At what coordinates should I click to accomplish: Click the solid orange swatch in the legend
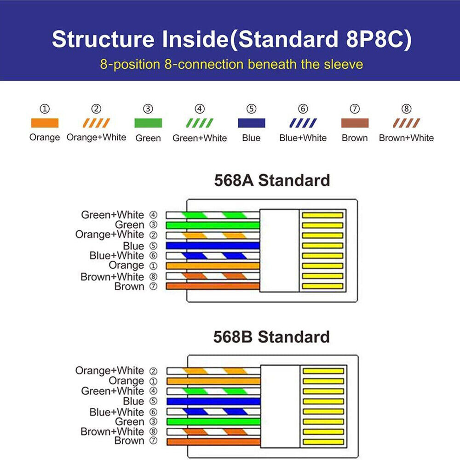click(x=45, y=123)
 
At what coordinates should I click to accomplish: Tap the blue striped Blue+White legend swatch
click(x=303, y=123)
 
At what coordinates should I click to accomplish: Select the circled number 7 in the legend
click(x=355, y=109)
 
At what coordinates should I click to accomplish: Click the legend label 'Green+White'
click(x=200, y=138)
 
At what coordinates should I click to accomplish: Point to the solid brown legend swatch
click(x=355, y=123)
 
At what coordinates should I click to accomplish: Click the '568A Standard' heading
click(x=272, y=180)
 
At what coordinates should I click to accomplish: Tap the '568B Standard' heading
click(x=271, y=337)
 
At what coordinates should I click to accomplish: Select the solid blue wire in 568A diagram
click(x=213, y=246)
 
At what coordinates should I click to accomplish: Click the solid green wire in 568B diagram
click(x=213, y=421)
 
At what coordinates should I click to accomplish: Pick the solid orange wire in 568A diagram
click(x=213, y=266)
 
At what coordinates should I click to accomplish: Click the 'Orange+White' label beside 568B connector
click(x=109, y=370)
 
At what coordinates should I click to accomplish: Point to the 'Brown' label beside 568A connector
click(x=129, y=286)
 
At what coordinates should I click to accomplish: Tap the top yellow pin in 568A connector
click(x=322, y=215)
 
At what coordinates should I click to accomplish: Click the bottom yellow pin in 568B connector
click(x=323, y=442)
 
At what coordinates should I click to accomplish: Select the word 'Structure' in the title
click(x=103, y=39)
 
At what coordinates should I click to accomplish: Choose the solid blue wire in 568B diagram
click(x=213, y=401)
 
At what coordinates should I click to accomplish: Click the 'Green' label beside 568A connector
click(x=129, y=225)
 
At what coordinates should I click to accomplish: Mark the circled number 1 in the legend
click(x=45, y=109)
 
